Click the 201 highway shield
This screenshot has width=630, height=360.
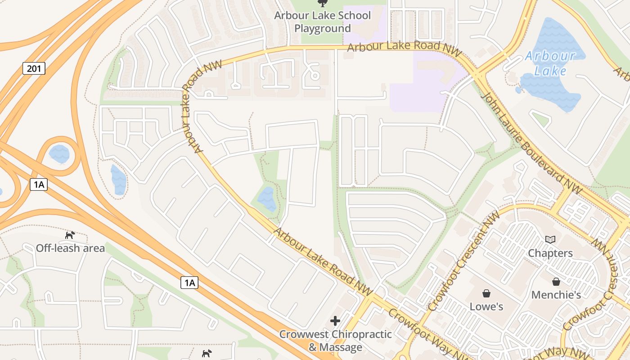pos(34,68)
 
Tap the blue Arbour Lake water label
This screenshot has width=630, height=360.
pos(550,63)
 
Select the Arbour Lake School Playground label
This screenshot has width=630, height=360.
pos(323,22)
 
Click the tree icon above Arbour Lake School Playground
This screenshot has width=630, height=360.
pos(322,4)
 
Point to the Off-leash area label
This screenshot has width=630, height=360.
pos(70,248)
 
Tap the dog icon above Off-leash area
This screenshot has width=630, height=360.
pos(70,235)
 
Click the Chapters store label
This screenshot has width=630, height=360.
pos(550,253)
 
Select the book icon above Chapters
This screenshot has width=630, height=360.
pos(550,239)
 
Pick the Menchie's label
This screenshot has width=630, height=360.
pos(556,295)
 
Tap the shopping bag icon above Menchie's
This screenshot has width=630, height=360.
pos(556,282)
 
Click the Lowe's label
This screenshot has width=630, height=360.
pos(486,306)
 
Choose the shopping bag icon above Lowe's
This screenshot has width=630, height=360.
pos(486,293)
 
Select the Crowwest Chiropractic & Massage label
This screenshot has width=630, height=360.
pos(336,341)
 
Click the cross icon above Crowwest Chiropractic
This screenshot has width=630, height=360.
pos(335,321)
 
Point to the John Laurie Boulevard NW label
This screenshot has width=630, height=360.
pos(531,142)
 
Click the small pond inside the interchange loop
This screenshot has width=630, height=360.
pos(59,154)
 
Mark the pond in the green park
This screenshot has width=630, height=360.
pos(267,199)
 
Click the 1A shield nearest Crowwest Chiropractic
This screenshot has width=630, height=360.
pos(189,283)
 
